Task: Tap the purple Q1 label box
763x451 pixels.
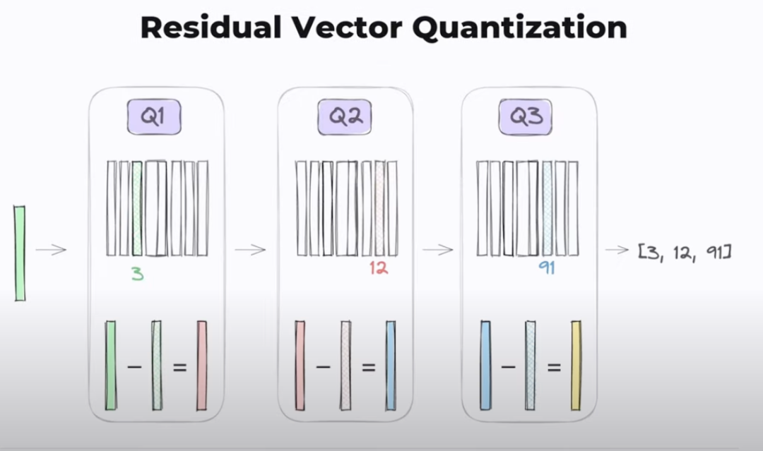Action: point(154,116)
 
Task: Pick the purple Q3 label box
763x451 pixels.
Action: point(526,116)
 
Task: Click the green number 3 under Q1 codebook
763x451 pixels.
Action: point(137,274)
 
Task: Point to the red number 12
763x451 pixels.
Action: point(379,268)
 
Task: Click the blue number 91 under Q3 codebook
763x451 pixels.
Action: point(546,268)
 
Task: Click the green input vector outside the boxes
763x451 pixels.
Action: point(20,253)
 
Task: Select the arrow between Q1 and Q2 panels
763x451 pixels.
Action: point(250,249)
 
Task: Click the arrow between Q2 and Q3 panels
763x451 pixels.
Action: point(437,249)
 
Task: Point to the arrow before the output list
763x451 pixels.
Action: point(617,249)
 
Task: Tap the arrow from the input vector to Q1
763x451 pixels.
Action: point(51,249)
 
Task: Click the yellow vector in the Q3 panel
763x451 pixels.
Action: point(576,366)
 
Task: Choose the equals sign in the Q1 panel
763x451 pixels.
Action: point(179,368)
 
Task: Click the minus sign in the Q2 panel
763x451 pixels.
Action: point(323,368)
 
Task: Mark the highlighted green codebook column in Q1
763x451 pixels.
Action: point(137,208)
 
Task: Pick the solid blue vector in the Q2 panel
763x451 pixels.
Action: point(391,366)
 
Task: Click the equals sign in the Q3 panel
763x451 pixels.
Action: point(554,368)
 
